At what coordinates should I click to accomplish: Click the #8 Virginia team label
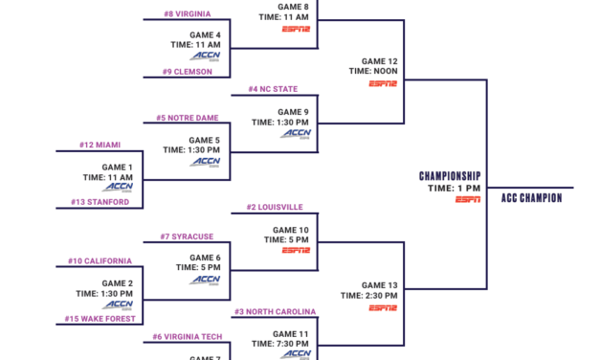point(188,14)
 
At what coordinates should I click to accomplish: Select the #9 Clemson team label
point(187,71)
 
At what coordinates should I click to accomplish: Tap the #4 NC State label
point(273,89)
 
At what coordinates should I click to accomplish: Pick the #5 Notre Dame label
point(188,118)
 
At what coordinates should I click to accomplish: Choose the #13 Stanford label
point(100,202)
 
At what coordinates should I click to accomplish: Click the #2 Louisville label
point(275,207)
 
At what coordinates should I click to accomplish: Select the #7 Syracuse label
point(187,236)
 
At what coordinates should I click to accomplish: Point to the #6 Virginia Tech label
point(186,337)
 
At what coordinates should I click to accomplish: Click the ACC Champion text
point(531,198)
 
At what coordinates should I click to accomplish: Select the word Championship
point(450,176)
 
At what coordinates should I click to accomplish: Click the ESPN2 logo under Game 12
point(383,84)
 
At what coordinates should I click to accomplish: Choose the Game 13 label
point(380,284)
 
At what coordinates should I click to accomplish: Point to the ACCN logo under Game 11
point(296,354)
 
